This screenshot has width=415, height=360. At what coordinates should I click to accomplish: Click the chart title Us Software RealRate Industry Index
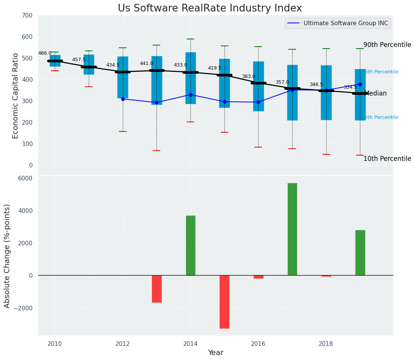210,8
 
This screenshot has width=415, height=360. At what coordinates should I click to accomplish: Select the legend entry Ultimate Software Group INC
345,23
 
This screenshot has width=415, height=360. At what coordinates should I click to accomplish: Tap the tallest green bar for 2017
292,229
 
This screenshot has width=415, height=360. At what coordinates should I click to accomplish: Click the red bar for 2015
225,302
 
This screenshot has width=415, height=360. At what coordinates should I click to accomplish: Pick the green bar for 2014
190,245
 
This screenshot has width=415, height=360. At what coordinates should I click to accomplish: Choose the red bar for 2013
157,289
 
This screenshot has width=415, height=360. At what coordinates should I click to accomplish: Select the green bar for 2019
360,253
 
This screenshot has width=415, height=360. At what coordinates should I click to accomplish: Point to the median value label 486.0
45,54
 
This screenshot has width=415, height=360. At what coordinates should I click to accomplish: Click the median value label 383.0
248,77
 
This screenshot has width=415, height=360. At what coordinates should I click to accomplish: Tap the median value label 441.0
146,64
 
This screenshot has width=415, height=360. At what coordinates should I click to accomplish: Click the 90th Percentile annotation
387,45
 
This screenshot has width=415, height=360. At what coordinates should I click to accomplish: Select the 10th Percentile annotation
387,159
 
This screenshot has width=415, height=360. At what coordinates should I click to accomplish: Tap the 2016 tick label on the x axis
258,344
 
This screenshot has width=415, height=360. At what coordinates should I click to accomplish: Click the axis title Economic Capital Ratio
16,96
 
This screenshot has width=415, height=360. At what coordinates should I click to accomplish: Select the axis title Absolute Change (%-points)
7,256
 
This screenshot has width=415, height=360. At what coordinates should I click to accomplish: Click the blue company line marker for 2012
123,99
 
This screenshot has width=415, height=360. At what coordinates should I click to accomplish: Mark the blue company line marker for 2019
360,84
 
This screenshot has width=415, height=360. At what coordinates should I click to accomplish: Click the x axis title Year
215,353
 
